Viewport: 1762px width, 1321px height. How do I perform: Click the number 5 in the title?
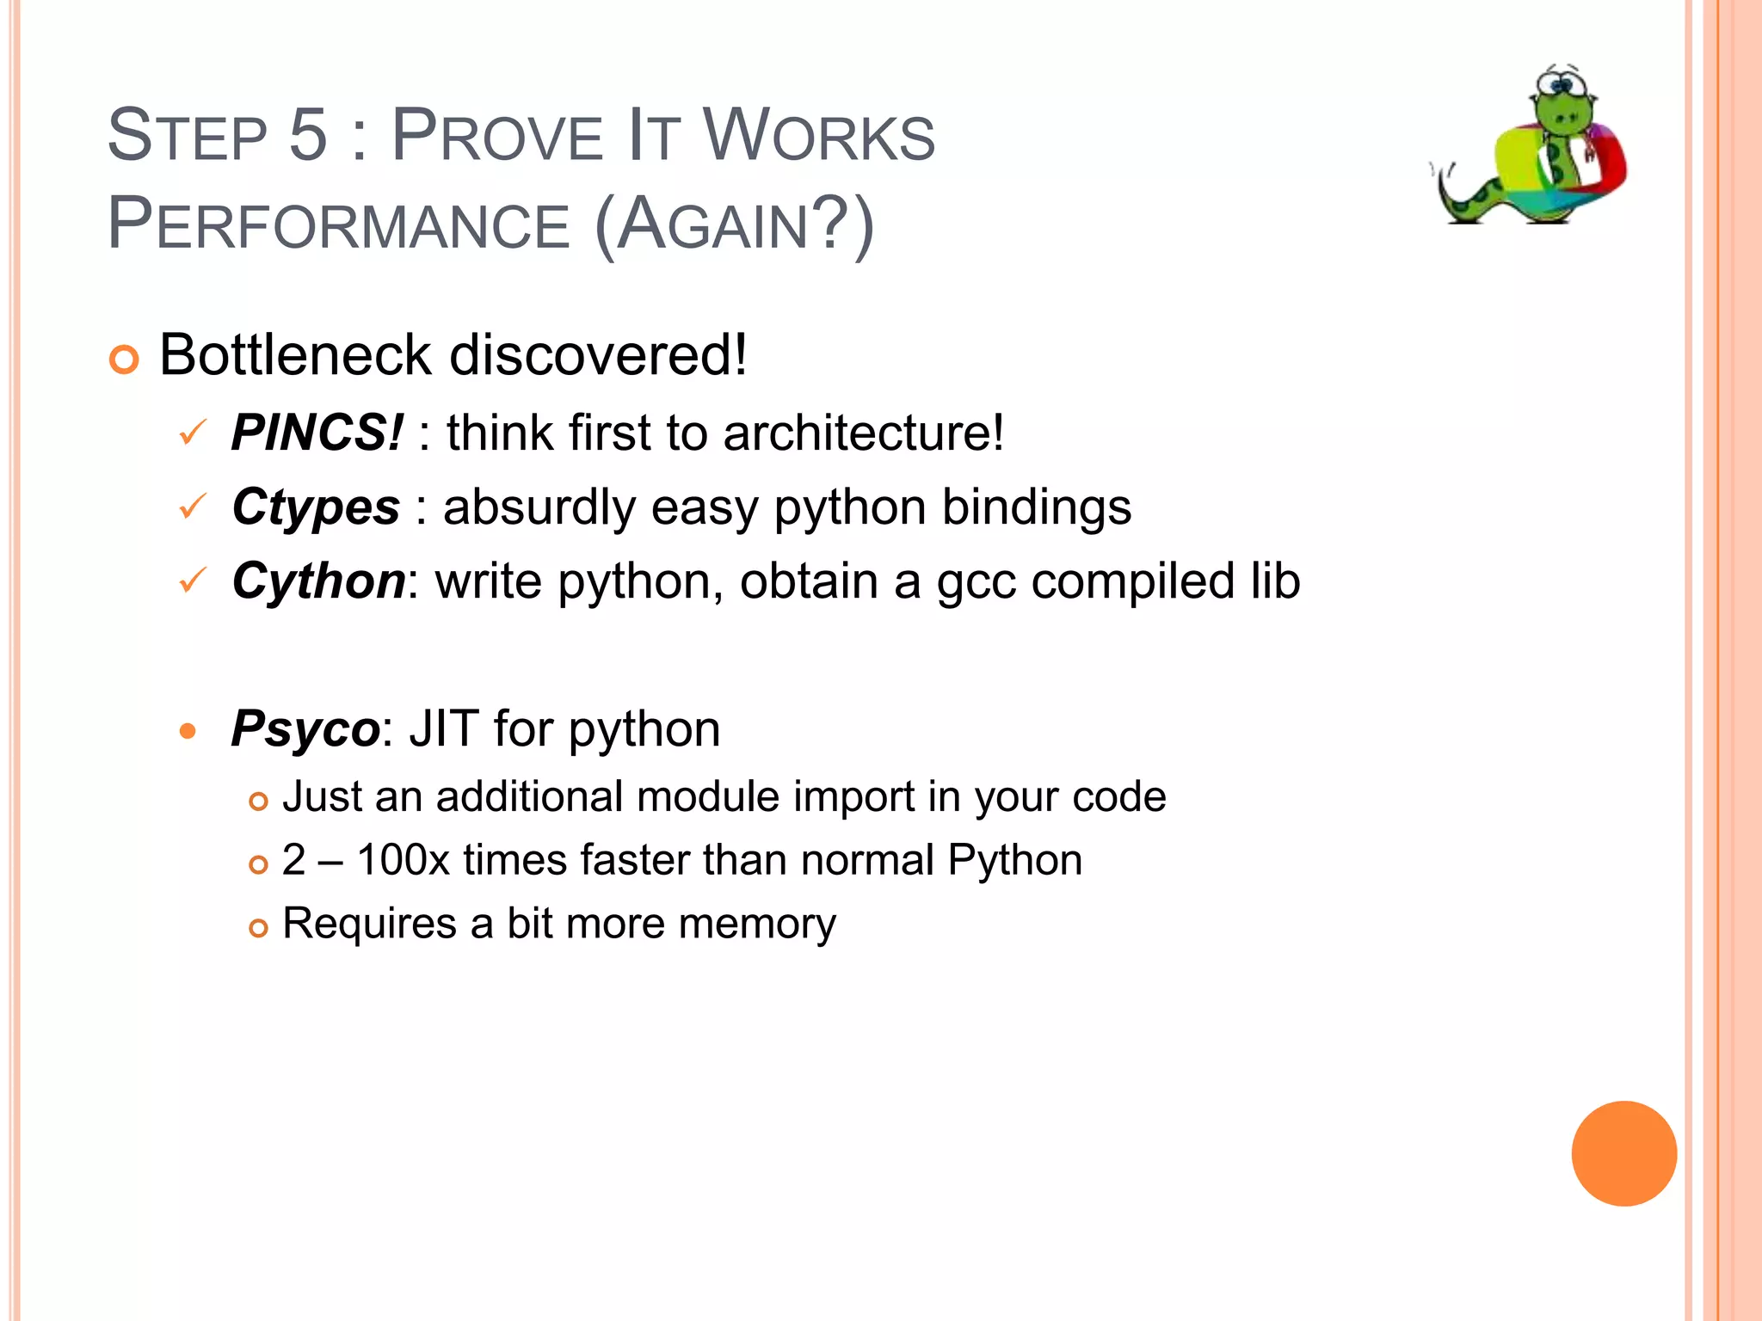(308, 135)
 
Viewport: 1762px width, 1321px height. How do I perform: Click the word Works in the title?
(818, 135)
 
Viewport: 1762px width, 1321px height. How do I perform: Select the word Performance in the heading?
(338, 224)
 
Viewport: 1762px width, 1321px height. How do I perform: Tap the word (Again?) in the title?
(734, 224)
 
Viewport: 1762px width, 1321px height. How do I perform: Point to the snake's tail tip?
(1435, 169)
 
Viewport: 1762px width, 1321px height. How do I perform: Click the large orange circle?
(1623, 1153)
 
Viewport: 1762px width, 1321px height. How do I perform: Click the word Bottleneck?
(295, 354)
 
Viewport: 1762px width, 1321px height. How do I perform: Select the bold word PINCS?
(317, 432)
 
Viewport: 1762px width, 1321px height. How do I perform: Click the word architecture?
(863, 432)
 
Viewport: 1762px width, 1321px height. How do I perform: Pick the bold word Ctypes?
(316, 507)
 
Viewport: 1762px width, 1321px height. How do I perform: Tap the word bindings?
(1036, 507)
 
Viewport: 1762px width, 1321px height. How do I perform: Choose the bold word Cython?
(318, 581)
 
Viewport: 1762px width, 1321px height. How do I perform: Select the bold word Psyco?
(305, 729)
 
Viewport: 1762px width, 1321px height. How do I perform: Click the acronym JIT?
(442, 729)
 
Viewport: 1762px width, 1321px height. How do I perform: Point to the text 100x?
(403, 860)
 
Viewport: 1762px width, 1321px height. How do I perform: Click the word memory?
(756, 925)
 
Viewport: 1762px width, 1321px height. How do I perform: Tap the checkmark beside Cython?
(193, 581)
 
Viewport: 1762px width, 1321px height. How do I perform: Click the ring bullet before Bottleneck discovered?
(124, 359)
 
